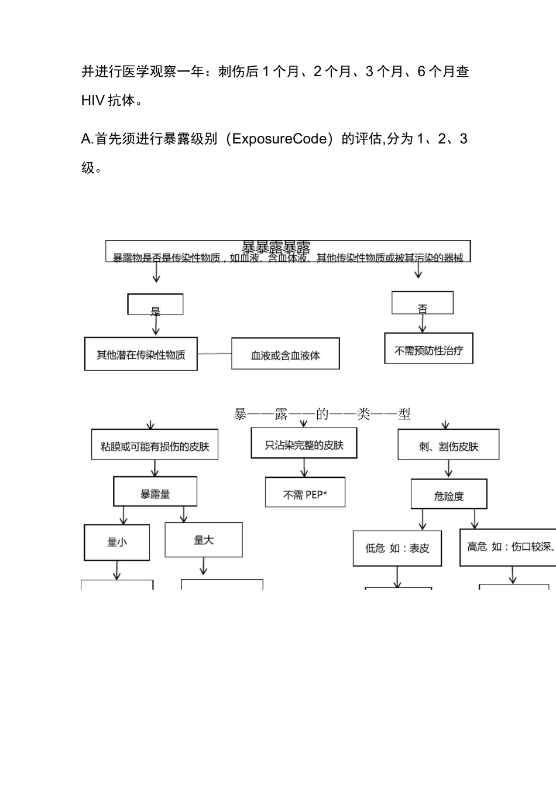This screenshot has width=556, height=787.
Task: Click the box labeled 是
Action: pyautogui.click(x=155, y=304)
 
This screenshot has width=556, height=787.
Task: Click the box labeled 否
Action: pyautogui.click(x=422, y=303)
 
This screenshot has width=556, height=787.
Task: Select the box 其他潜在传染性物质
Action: pyautogui.click(x=141, y=354)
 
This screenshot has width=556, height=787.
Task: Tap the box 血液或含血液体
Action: pyautogui.click(x=285, y=354)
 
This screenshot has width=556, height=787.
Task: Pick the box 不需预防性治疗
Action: pyautogui.click(x=428, y=348)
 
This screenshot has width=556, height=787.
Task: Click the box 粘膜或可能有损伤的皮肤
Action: pyautogui.click(x=155, y=444)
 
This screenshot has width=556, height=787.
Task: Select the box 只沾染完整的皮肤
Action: pyautogui.click(x=304, y=443)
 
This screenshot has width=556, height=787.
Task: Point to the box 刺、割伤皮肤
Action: pyautogui.click(x=448, y=444)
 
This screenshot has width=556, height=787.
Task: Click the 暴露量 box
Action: pyautogui.click(x=155, y=491)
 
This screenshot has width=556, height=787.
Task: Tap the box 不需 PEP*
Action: pyautogui.click(x=305, y=492)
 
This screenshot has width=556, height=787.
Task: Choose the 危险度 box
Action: pyautogui.click(x=448, y=494)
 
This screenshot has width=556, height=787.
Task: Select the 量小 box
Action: pyautogui.click(x=117, y=542)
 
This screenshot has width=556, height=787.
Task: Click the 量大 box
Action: pyautogui.click(x=204, y=540)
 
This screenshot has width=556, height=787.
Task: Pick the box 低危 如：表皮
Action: pyautogui.click(x=397, y=548)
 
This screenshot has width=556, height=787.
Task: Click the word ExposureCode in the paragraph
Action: pyautogui.click(x=279, y=139)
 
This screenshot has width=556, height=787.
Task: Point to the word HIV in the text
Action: pyautogui.click(x=92, y=101)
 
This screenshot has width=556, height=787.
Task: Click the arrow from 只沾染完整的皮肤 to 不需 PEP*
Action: pyautogui.click(x=304, y=467)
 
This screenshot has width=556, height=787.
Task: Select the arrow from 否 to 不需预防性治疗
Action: pyautogui.click(x=423, y=323)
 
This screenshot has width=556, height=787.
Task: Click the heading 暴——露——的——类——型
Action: pyautogui.click(x=322, y=414)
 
